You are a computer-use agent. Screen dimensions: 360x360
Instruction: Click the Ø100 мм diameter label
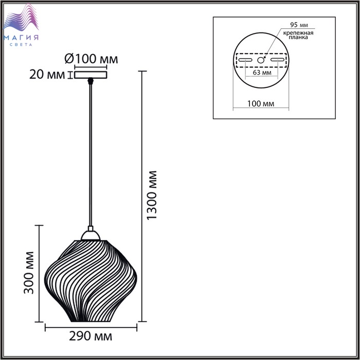[x=91, y=59]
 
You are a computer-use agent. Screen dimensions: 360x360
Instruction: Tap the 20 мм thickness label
[x=47, y=75]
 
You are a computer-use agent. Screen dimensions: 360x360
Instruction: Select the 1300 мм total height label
[x=152, y=195]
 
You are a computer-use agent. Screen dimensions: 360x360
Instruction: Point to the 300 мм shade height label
[x=29, y=273]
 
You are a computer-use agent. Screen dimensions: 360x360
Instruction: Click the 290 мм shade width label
[x=91, y=336]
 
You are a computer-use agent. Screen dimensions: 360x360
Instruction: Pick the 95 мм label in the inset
[x=299, y=25]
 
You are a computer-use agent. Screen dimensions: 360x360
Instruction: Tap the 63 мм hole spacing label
[x=262, y=73]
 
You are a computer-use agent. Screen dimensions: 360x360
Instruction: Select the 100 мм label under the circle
[x=261, y=104]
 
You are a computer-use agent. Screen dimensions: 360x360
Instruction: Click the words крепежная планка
[x=298, y=35]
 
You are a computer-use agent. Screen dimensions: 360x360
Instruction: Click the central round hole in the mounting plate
[x=260, y=60]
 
